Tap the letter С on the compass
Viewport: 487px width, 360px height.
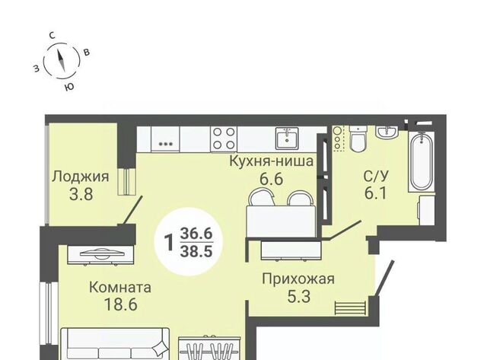[x=53, y=36]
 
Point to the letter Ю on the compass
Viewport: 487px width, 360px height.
[x=70, y=87]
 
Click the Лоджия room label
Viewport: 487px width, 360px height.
[x=81, y=177]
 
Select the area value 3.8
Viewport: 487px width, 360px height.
[x=81, y=195]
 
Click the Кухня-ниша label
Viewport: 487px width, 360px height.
[x=272, y=161]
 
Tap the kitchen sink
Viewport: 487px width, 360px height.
[x=287, y=139]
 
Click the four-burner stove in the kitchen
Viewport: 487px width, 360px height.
[x=224, y=139]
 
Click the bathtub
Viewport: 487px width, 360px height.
[x=421, y=162]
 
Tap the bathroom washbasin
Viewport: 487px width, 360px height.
[x=387, y=132]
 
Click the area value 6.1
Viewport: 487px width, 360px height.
[x=375, y=194]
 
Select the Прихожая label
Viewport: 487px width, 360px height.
[x=298, y=279]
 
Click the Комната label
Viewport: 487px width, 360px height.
[x=120, y=288]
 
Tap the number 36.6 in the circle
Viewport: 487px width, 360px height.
[x=196, y=233]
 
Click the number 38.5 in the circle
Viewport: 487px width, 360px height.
[x=196, y=250]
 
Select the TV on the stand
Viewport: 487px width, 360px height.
[x=101, y=254]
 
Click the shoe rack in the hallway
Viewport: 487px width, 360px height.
[x=350, y=307]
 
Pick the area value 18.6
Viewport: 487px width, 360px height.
[x=120, y=304]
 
